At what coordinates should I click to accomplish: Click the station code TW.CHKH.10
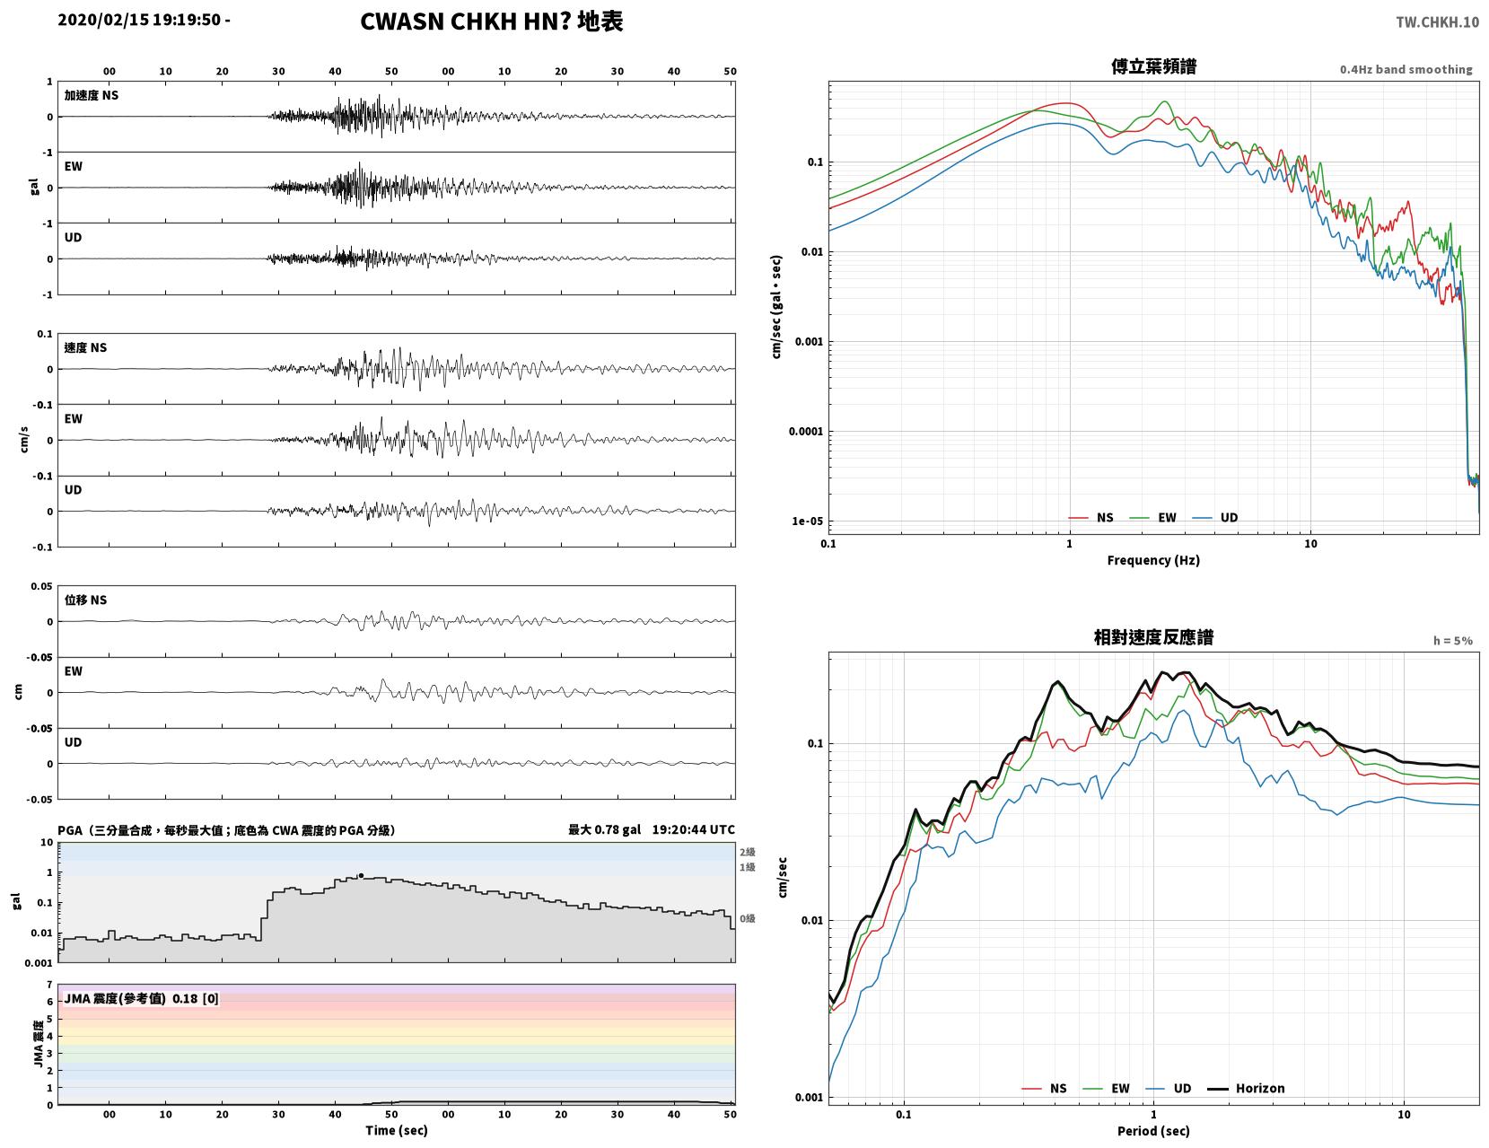(x=1437, y=22)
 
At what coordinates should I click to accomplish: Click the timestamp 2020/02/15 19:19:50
(x=139, y=20)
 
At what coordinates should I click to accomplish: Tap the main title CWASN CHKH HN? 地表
(x=491, y=22)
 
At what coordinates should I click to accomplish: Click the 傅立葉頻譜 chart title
(x=1153, y=66)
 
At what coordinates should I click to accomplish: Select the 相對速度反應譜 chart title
(x=1153, y=637)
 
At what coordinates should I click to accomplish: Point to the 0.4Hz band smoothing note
(x=1406, y=69)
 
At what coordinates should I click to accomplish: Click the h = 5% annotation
(x=1452, y=641)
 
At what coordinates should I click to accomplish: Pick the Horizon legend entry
(x=1245, y=1088)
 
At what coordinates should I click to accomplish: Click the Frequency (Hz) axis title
(x=1153, y=560)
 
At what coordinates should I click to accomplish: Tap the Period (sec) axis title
(x=1153, y=1130)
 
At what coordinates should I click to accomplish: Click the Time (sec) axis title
(x=396, y=1129)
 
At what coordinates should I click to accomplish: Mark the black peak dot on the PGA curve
(x=361, y=875)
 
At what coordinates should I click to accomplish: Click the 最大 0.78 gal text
(x=604, y=829)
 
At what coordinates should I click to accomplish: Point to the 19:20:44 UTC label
(x=693, y=829)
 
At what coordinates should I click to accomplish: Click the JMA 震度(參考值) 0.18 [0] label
(x=142, y=999)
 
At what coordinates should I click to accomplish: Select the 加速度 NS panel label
(x=92, y=95)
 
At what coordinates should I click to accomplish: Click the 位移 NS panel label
(x=85, y=600)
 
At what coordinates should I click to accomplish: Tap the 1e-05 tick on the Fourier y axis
(x=807, y=521)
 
